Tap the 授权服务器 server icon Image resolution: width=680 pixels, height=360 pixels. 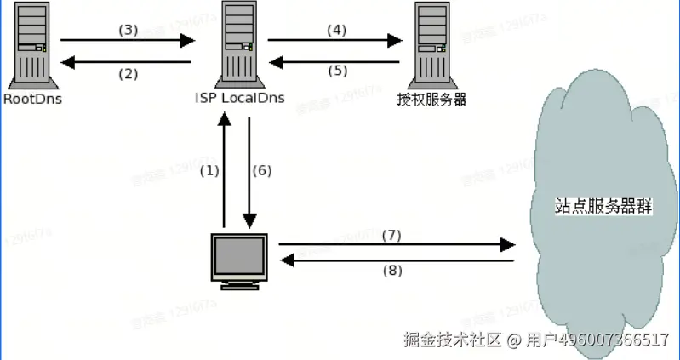431,44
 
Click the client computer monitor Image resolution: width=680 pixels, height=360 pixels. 237,260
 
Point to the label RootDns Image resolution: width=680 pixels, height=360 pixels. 32,100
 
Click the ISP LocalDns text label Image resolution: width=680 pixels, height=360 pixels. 239,100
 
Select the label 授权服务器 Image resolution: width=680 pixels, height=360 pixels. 432,100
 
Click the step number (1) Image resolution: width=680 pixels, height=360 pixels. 209,170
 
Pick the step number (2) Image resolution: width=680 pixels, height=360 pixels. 128,73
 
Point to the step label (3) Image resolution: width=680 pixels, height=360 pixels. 128,30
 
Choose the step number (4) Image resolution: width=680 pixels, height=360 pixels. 337,30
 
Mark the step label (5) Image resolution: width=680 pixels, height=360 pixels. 337,71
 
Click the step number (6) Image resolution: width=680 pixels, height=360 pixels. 262,170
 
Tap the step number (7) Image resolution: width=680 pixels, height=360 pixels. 391,234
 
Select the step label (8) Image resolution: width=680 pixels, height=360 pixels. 391,271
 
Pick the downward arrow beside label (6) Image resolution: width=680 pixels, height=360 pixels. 249,170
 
